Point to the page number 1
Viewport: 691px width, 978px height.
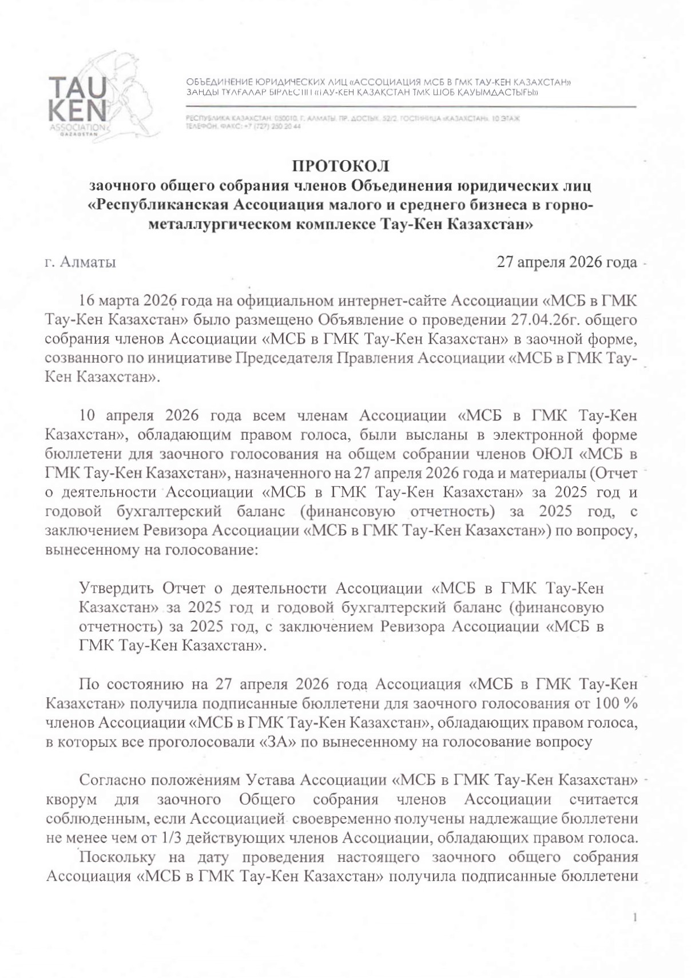[x=635, y=919]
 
